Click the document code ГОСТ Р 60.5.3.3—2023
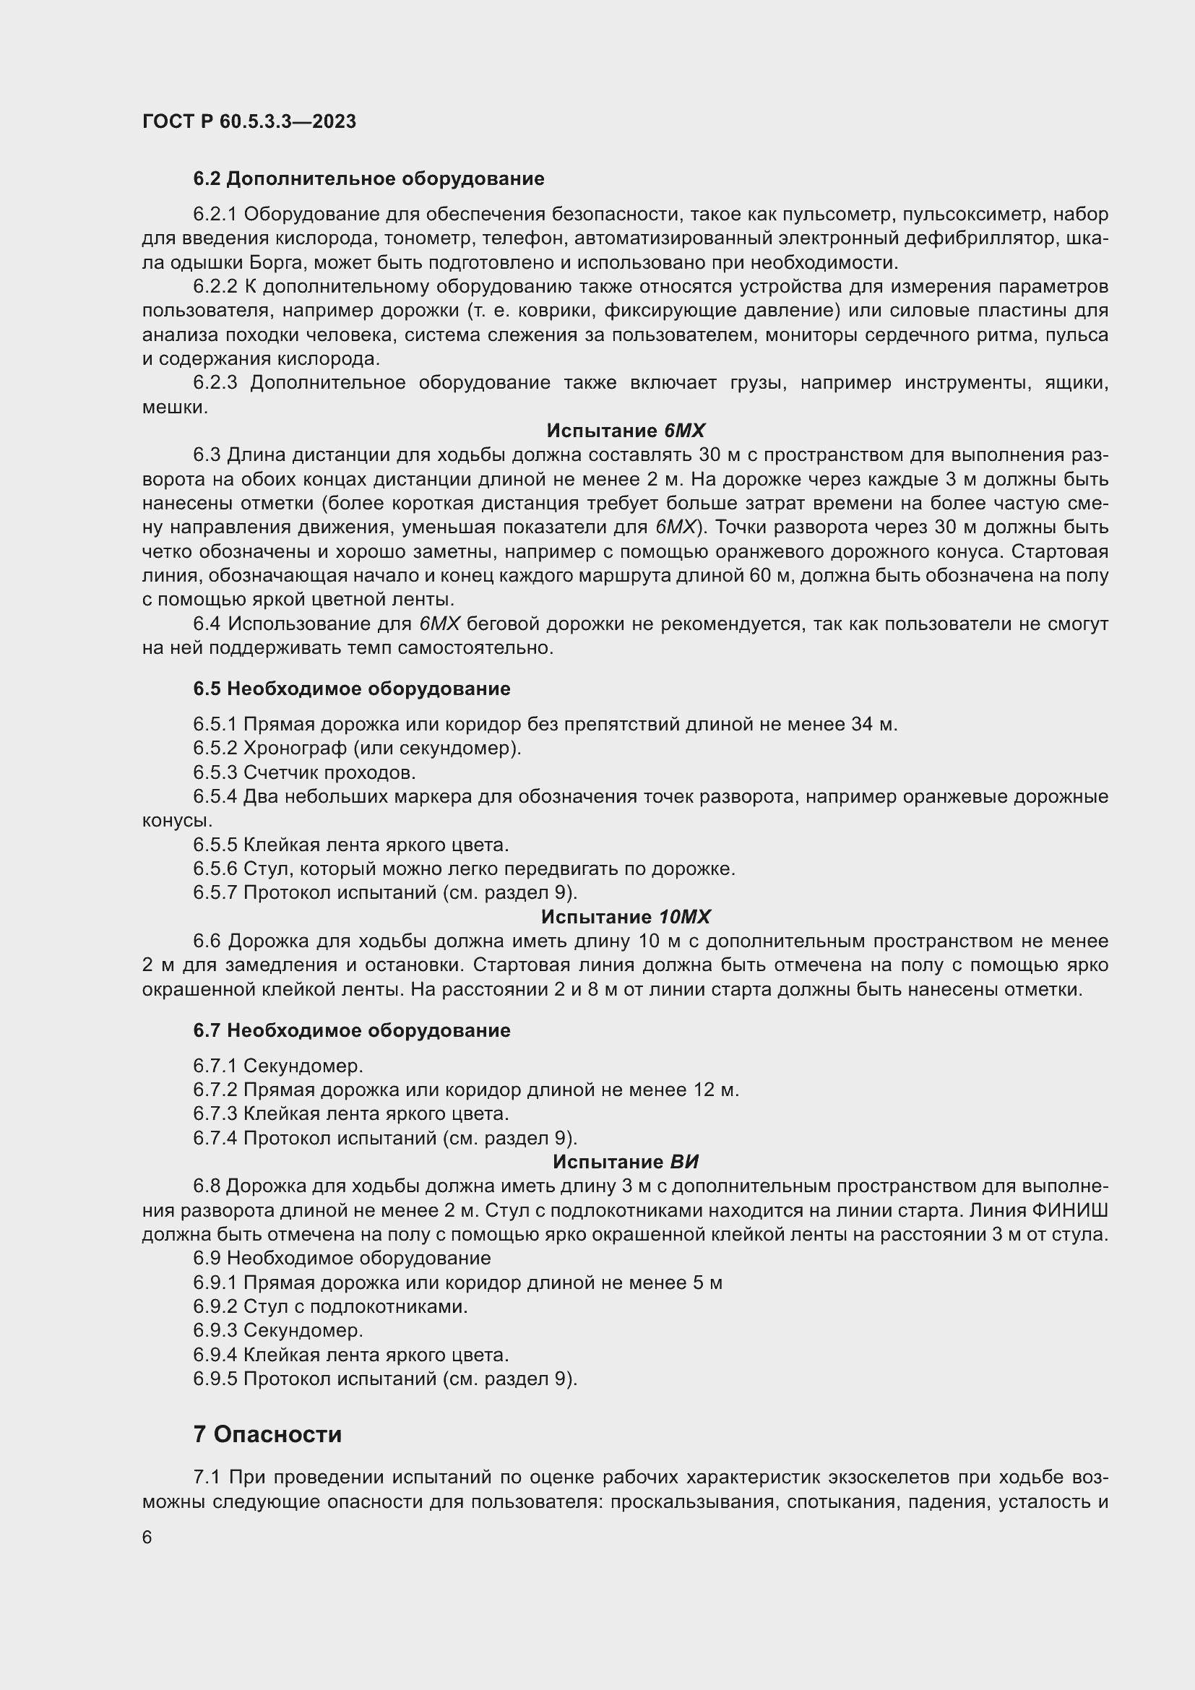pos(249,121)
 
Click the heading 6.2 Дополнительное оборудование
pos(368,179)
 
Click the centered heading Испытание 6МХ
pos(626,431)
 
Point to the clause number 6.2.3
pos(215,383)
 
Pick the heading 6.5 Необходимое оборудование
pos(352,689)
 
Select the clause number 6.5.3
pos(215,773)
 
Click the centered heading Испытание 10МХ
pos(626,917)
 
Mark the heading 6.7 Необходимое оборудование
pos(352,1030)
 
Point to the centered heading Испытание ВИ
pos(626,1163)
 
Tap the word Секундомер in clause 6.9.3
pos(303,1331)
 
